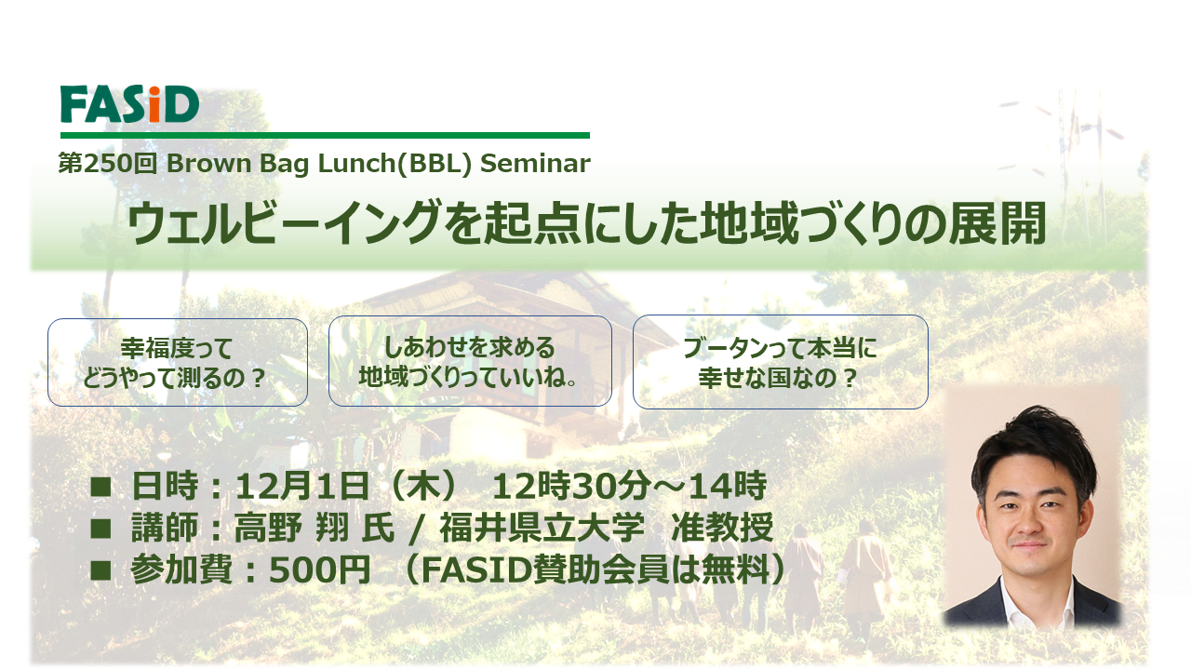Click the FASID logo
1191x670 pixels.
[129, 104]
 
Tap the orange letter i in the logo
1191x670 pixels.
[154, 105]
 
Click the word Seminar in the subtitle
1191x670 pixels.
[535, 163]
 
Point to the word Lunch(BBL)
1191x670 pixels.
[395, 163]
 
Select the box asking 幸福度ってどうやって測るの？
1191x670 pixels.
[178, 363]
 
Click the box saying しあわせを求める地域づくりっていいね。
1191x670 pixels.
[470, 361]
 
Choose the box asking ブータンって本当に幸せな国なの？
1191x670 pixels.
[780, 362]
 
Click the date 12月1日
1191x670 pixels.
[302, 486]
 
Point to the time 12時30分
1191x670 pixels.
[571, 486]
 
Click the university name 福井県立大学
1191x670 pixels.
[542, 528]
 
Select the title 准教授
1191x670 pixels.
[722, 528]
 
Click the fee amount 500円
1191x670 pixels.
[319, 570]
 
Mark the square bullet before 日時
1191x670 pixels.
[100, 487]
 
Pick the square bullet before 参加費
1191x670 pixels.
[100, 570]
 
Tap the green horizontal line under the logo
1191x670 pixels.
[325, 135]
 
